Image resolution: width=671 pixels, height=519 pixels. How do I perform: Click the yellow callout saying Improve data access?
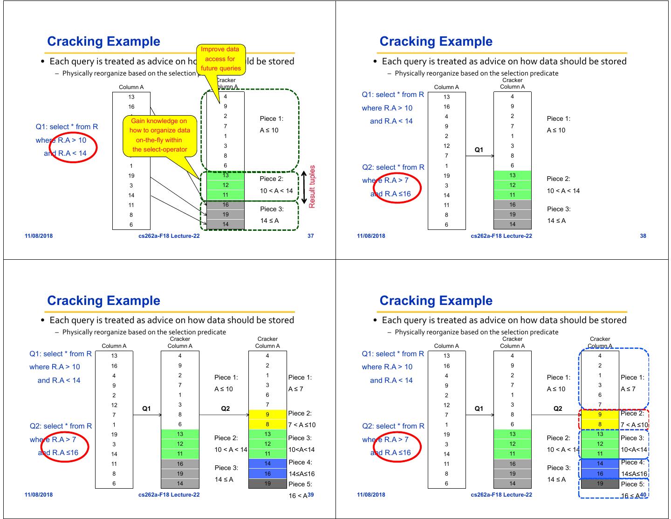tap(220, 59)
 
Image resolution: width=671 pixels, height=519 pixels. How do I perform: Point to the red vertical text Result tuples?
tap(312, 187)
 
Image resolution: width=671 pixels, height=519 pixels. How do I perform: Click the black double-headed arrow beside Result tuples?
tap(304, 188)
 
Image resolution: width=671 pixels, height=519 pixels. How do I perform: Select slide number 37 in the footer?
tap(311, 236)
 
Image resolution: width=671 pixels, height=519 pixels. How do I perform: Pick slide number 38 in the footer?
tap(643, 236)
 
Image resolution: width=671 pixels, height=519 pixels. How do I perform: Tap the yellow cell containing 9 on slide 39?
tap(267, 415)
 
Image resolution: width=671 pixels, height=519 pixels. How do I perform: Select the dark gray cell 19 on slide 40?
tap(600, 484)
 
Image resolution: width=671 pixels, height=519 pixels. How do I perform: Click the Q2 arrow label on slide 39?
tap(225, 408)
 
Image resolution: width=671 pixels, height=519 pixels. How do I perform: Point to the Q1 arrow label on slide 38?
tap(479, 150)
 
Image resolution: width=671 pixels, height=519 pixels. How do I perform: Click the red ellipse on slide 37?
tap(74, 147)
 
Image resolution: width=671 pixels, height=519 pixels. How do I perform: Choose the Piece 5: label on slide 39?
tap(300, 484)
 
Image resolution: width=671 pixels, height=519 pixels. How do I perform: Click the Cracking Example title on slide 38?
tap(436, 42)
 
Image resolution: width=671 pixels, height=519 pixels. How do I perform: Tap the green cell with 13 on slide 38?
tap(512, 175)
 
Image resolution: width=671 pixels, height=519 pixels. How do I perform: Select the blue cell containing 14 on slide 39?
tap(267, 464)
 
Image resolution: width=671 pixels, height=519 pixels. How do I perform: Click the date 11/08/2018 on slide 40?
tap(371, 495)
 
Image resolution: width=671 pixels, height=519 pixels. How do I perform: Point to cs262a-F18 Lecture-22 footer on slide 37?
tap(169, 236)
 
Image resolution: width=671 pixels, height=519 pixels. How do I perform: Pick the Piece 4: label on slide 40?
tap(632, 463)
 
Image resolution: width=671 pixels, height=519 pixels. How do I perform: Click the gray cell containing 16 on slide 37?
tap(226, 205)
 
